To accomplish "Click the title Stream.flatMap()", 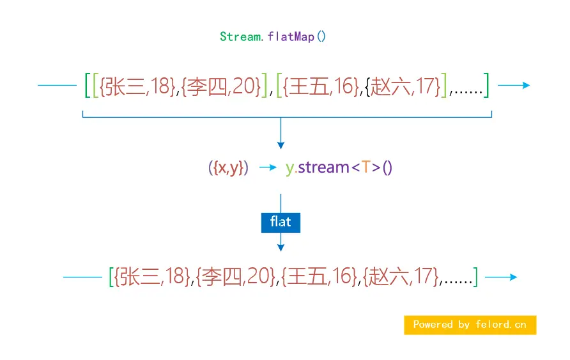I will [x=273, y=36].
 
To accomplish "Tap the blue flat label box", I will [x=281, y=222].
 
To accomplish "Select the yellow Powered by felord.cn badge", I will [x=470, y=325].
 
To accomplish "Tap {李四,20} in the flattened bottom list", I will [x=236, y=277].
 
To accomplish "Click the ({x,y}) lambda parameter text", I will [x=228, y=168].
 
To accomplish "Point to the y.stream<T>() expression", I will [x=339, y=168].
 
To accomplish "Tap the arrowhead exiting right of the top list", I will [x=526, y=85].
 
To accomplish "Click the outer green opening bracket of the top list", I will [x=88, y=86].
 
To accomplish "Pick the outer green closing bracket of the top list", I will [x=486, y=86].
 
